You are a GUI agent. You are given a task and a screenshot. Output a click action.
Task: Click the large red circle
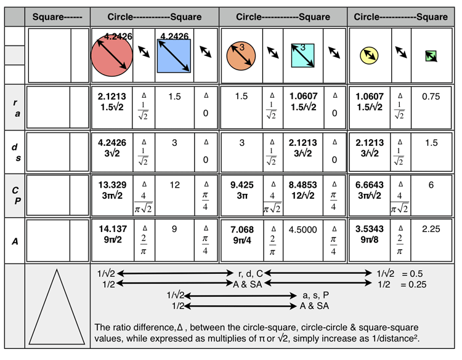(x=111, y=56)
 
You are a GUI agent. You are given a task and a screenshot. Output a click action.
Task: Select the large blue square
(x=174, y=56)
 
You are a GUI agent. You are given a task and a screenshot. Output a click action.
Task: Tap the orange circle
(x=241, y=55)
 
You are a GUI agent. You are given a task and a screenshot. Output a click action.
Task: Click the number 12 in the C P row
(x=174, y=186)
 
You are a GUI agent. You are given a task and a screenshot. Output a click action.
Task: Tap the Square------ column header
(x=57, y=17)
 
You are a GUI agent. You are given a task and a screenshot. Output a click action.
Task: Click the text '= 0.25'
(x=411, y=284)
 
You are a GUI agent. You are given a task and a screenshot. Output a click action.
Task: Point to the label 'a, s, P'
(x=315, y=295)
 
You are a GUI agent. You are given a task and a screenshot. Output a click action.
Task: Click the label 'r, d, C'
(x=248, y=273)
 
